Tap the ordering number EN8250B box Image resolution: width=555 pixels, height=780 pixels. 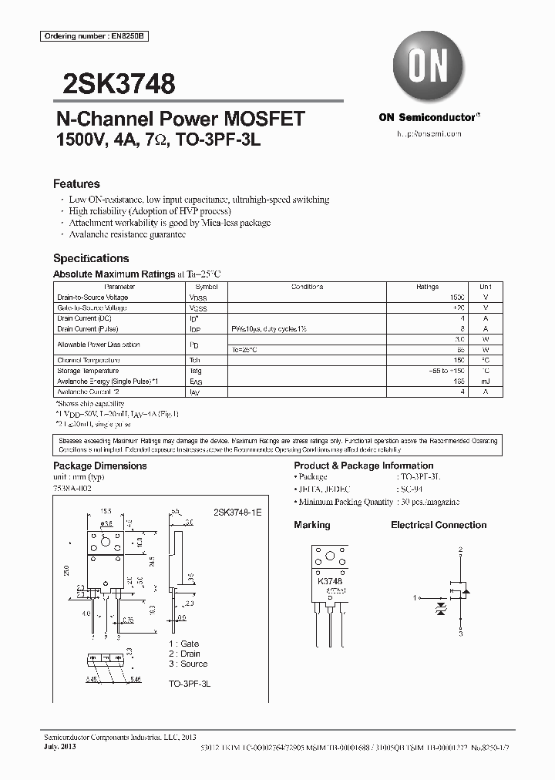[x=83, y=37]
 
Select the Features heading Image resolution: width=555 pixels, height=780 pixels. [x=76, y=184]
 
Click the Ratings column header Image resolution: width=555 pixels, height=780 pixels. [x=427, y=286]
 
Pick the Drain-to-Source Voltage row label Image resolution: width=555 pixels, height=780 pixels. [x=92, y=297]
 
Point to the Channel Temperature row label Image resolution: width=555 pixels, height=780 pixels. [x=88, y=360]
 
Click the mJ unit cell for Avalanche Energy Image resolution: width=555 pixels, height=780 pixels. [x=485, y=381]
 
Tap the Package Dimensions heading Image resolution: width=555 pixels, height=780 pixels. [x=99, y=466]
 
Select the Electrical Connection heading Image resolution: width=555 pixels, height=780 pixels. [x=439, y=525]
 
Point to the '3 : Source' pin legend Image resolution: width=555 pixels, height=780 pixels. [x=188, y=664]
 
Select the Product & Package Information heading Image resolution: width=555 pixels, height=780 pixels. [x=363, y=466]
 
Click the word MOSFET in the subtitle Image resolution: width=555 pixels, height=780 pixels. [x=264, y=119]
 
